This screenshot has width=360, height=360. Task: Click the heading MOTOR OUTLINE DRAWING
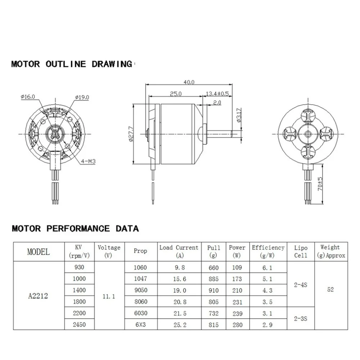[72, 64]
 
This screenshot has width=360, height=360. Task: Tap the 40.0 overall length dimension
[189, 82]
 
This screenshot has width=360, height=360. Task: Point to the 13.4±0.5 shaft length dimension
[217, 93]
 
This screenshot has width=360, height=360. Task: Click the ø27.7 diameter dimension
[131, 134]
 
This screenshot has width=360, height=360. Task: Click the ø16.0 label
[28, 96]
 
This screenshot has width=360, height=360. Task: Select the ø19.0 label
[82, 97]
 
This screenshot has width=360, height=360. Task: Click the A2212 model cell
[38, 296]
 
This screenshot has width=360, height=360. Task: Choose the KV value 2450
[80, 325]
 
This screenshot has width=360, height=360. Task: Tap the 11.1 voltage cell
[108, 296]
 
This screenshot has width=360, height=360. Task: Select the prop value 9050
[140, 290]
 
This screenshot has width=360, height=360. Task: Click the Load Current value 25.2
[179, 325]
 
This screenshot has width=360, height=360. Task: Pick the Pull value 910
[213, 290]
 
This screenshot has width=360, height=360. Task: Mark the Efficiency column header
[268, 251]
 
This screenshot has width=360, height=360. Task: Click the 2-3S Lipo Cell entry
[300, 319]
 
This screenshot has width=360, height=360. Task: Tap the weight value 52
[330, 290]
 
